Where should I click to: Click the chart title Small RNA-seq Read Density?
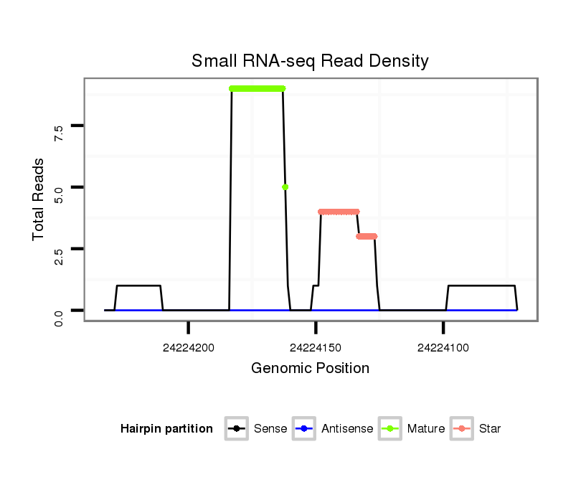pos(310,61)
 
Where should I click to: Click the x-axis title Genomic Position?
pos(310,369)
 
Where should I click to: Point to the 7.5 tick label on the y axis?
pos(59,131)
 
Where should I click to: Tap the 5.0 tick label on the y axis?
pos(59,193)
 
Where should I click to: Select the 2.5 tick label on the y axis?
pos(59,255)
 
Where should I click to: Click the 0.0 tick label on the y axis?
pos(59,316)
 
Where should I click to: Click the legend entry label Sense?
pos(270,429)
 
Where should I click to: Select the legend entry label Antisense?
pos(347,429)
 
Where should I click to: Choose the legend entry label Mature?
pos(426,429)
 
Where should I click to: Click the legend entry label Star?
pos(490,429)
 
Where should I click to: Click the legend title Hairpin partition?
pos(166,429)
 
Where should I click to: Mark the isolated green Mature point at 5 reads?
pos(285,187)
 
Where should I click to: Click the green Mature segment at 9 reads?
pos(257,88)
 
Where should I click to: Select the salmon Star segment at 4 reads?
pos(339,212)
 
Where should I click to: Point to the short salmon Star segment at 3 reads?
pos(367,236)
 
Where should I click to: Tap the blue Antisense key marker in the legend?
pos(304,429)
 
